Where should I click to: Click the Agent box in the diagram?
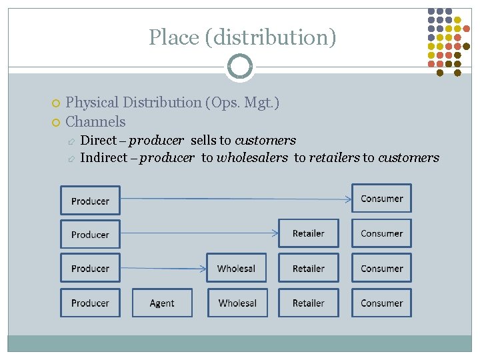pos(162,303)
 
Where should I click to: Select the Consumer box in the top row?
pos(381,199)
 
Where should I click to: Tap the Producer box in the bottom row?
pos(90,303)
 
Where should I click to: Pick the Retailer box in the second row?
pos(308,233)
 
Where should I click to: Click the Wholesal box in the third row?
pos(236,268)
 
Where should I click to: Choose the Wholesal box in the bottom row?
pos(237,303)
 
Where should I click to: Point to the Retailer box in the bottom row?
pos(308,303)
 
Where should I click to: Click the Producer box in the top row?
pos(90,201)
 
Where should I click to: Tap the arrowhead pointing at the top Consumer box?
pos(348,198)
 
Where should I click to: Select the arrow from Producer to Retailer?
pos(200,233)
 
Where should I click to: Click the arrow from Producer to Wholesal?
pos(163,268)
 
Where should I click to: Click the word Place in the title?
pos(174,37)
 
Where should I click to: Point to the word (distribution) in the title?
pos(271,37)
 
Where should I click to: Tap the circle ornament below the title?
pos(239,67)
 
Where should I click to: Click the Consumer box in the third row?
pos(381,268)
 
